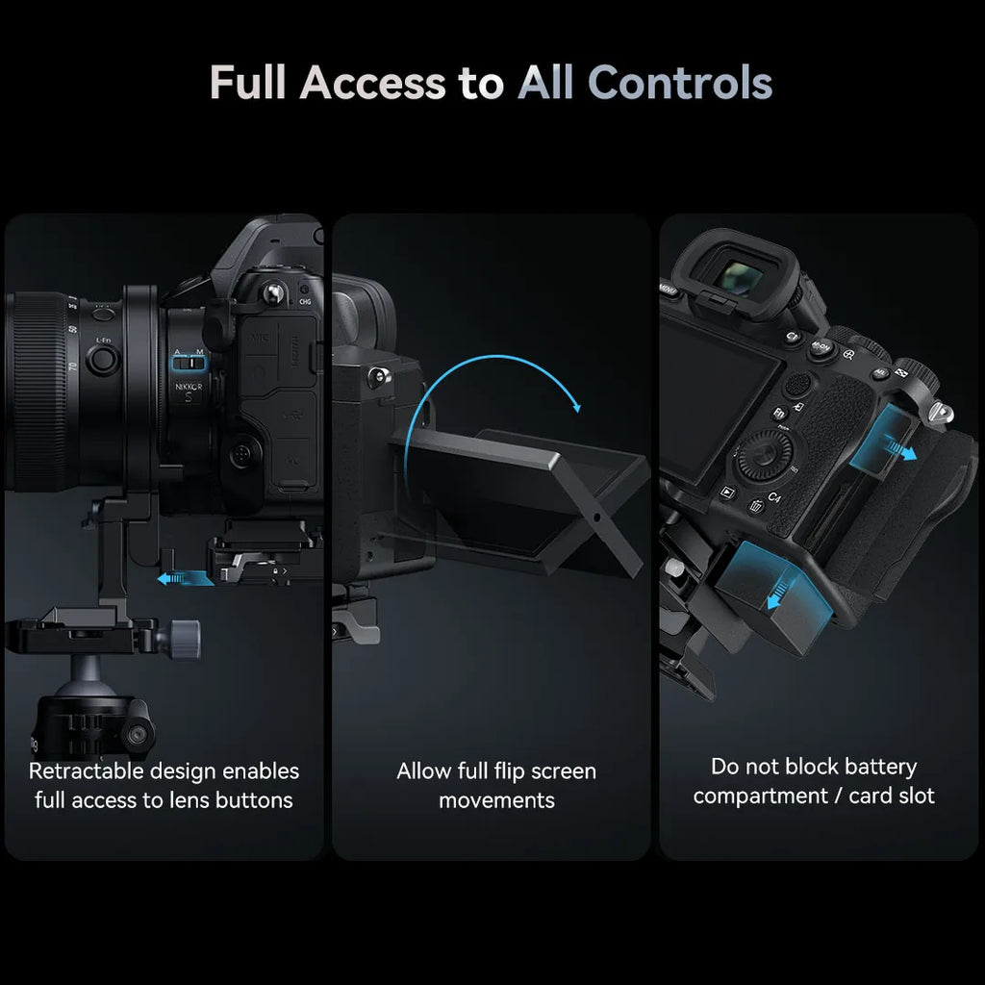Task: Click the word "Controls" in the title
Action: pos(680,83)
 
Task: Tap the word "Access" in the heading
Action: pos(372,83)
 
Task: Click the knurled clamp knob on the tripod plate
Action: pos(185,634)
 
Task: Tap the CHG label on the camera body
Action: pos(306,301)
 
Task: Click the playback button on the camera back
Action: pos(727,492)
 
